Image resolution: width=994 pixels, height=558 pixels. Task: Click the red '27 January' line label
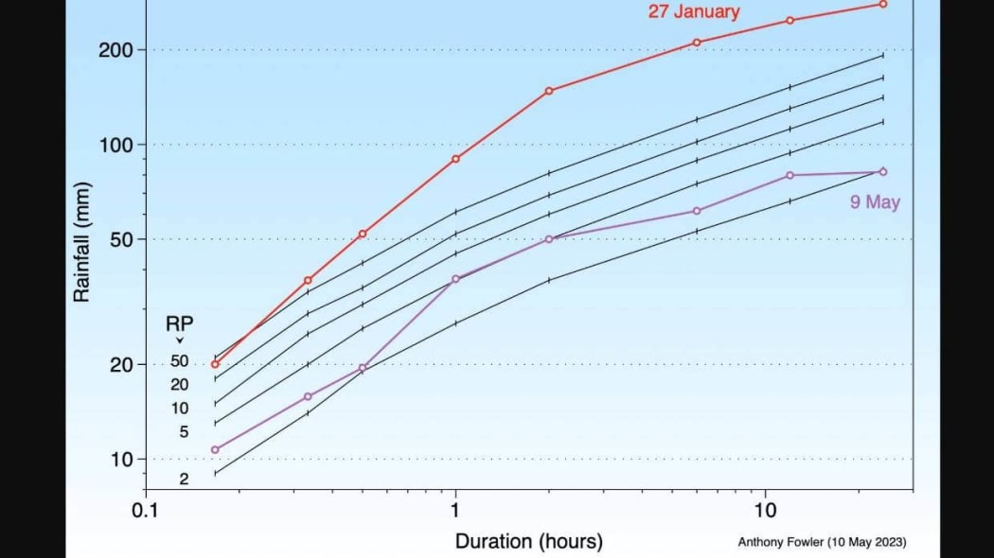click(x=694, y=12)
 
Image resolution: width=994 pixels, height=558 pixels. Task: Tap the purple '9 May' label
click(x=875, y=202)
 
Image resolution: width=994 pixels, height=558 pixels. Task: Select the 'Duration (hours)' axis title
click(x=528, y=541)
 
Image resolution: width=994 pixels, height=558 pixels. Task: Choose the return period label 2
click(x=184, y=479)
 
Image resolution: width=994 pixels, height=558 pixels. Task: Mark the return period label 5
click(x=184, y=432)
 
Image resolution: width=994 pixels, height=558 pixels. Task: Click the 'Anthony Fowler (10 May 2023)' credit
click(x=822, y=542)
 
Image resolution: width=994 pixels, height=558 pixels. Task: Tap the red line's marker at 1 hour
click(x=455, y=158)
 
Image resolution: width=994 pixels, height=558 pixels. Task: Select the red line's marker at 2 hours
click(x=549, y=91)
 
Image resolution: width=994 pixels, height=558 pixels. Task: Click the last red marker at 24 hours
click(x=883, y=4)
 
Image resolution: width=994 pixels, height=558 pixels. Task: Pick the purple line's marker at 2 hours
click(x=549, y=238)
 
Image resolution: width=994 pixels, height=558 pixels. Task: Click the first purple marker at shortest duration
click(x=215, y=449)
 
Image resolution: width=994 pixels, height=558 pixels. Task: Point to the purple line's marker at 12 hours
click(x=790, y=175)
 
